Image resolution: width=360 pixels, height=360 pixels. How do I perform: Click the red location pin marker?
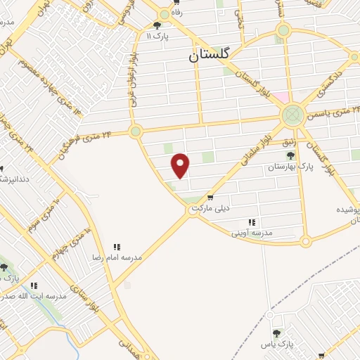click(181, 165)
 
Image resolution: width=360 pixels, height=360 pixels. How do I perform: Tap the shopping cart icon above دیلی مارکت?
click(210, 198)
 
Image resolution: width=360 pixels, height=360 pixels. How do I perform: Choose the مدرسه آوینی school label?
click(256, 232)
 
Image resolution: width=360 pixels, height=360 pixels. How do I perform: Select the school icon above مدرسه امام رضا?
click(117, 247)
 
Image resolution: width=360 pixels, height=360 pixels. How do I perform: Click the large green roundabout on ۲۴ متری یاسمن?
click(292, 116)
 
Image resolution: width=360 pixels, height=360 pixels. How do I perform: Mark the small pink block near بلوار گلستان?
click(281, 96)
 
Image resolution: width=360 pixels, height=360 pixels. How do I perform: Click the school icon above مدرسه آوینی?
click(252, 221)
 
